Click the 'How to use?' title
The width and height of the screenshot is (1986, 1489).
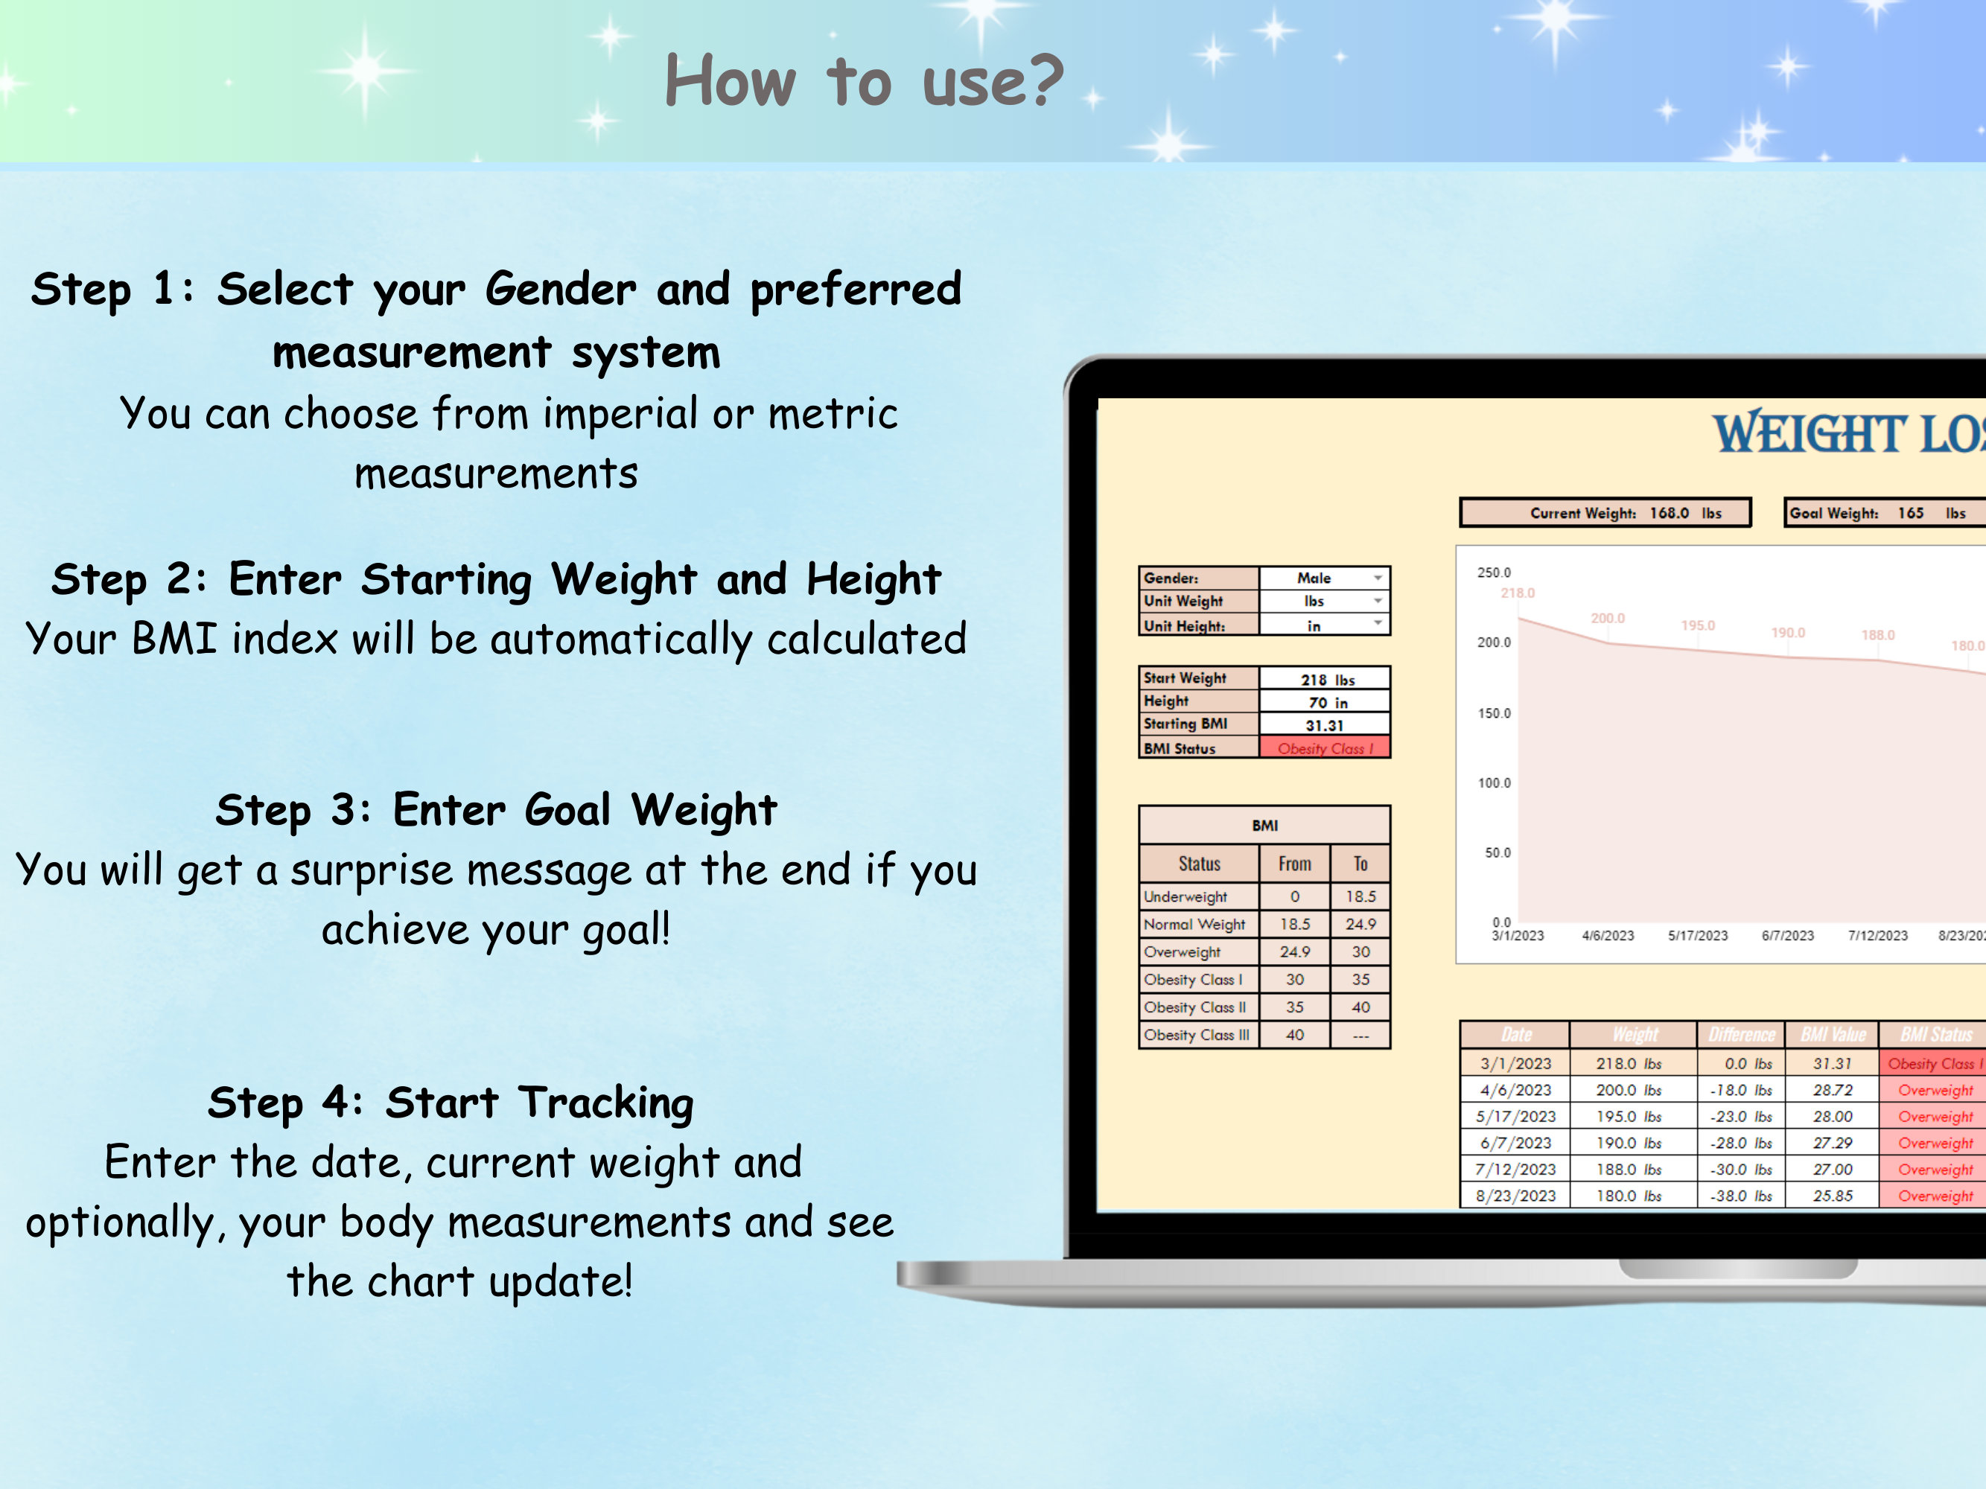863,80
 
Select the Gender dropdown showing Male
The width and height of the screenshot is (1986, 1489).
1324,578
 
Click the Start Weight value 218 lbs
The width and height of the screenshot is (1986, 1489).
1326,680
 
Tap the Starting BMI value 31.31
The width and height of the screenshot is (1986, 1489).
1324,725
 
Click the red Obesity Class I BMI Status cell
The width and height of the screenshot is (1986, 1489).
1324,748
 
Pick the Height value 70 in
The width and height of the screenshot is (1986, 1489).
1326,703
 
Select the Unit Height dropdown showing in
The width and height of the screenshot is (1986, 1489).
1324,625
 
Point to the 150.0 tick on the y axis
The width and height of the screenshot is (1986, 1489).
1494,713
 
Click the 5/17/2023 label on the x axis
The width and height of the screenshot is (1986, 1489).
1698,935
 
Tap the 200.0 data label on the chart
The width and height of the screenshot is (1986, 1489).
1607,619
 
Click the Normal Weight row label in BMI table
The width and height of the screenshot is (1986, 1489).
1194,925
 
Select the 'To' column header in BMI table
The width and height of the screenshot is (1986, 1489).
1360,864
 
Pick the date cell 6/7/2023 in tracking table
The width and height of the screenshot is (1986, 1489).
1515,1143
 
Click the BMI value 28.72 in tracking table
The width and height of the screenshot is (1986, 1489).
1833,1090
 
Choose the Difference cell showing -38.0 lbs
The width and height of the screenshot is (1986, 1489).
1741,1196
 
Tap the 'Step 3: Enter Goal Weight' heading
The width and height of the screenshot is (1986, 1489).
496,809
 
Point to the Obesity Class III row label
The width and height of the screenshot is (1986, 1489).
1196,1035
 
